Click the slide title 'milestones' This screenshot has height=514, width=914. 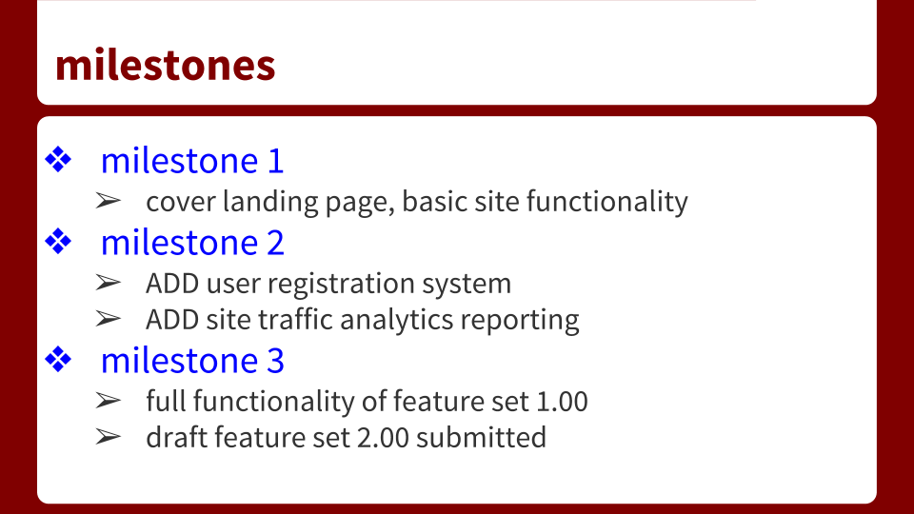tap(166, 65)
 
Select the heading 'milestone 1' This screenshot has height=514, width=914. tap(192, 161)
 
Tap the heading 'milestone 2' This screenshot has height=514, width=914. tap(192, 243)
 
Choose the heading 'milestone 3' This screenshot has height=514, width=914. tap(192, 361)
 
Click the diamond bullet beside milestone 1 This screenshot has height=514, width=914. tap(59, 161)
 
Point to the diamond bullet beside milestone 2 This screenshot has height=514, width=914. tap(59, 243)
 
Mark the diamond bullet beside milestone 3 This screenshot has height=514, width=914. tap(59, 361)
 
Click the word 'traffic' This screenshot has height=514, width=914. tap(294, 320)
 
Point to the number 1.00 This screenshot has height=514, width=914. tap(562, 402)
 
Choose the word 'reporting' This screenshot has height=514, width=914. tap(520, 320)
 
